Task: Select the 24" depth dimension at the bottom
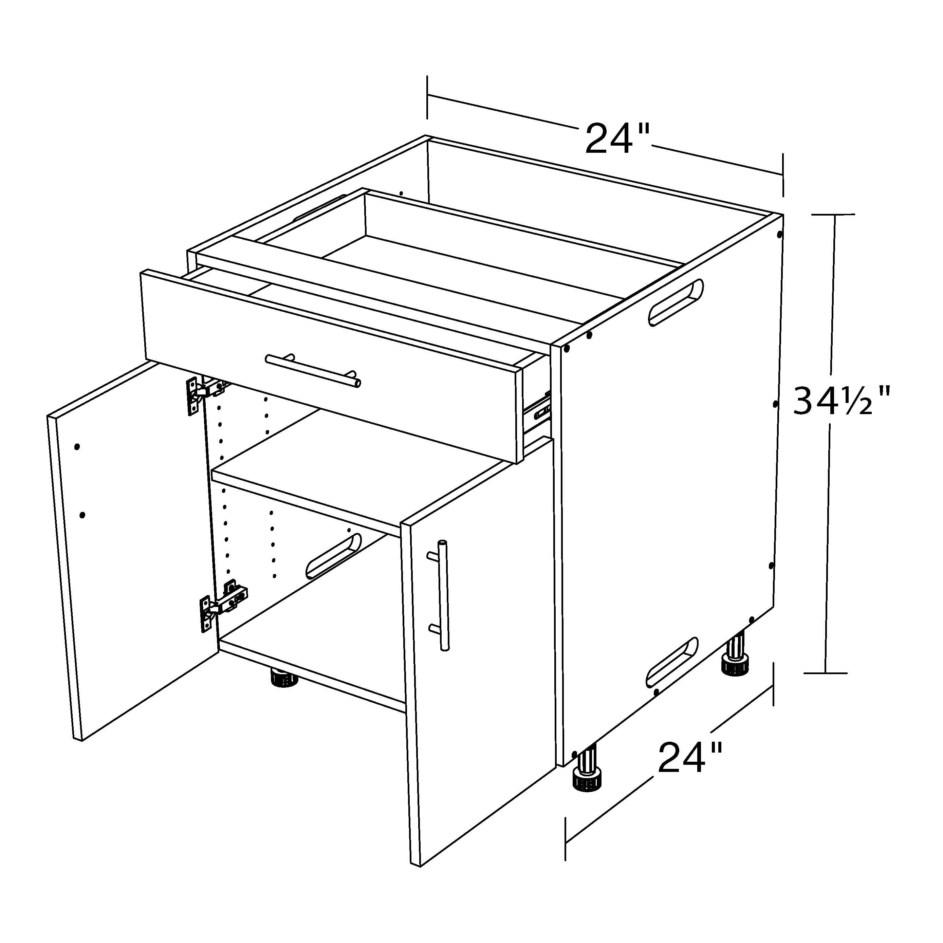[x=690, y=758]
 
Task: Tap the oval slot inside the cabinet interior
[x=333, y=556]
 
